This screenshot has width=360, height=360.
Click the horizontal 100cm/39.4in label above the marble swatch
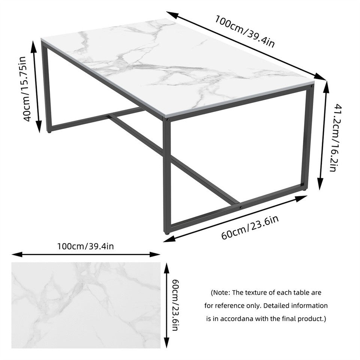85,246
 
